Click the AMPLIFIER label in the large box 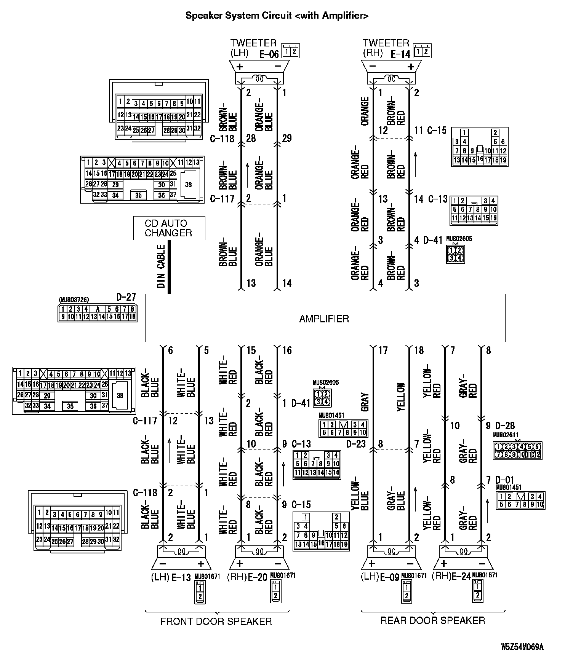(x=324, y=319)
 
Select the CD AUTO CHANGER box (x=169, y=228)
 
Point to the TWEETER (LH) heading (x=253, y=48)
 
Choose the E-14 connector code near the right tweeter (x=401, y=54)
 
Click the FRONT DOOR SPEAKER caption (x=216, y=622)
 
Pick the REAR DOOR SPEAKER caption (x=432, y=620)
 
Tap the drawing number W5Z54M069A (x=522, y=647)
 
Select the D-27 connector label (x=126, y=297)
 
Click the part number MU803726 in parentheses (x=74, y=300)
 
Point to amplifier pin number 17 (x=383, y=351)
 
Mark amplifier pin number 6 (x=170, y=351)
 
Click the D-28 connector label (x=505, y=426)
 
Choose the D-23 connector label (x=356, y=444)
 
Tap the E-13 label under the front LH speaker (x=181, y=578)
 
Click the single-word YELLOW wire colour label (x=401, y=397)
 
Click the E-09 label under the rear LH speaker (x=390, y=578)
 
